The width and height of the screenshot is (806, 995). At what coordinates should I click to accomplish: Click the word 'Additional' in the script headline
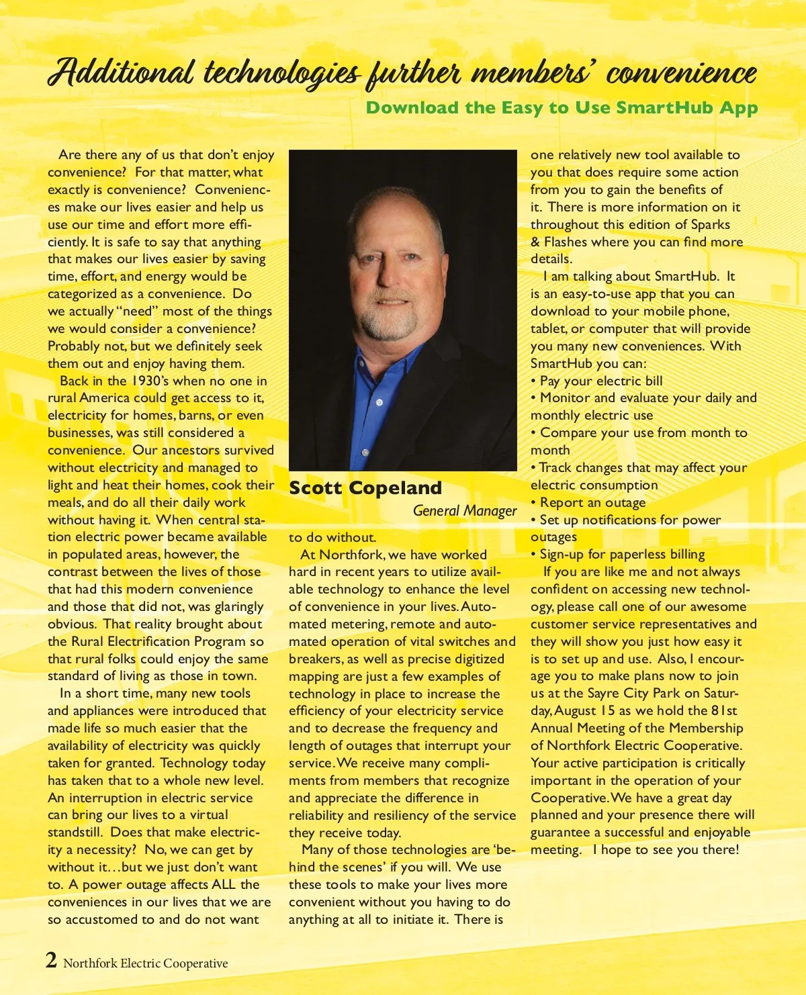(121, 73)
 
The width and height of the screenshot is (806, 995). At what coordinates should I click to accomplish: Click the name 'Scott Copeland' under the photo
(365, 488)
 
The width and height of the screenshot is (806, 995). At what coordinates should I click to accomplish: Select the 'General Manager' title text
(465, 510)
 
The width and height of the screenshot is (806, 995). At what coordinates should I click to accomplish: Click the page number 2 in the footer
(52, 960)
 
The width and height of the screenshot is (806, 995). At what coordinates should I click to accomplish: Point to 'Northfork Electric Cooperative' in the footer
(146, 963)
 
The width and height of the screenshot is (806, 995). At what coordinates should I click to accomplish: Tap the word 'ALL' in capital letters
(224, 885)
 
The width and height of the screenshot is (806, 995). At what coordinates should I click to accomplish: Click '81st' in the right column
(724, 710)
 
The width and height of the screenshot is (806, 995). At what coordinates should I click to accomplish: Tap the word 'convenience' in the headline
(681, 73)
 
